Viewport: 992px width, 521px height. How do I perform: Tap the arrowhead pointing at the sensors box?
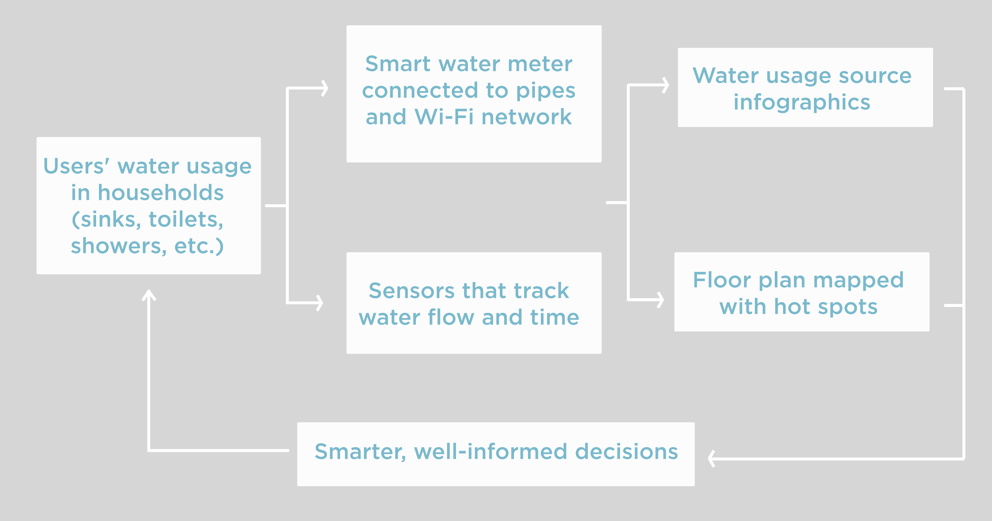click(319, 303)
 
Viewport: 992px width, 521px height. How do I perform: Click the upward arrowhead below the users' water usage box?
click(149, 295)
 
